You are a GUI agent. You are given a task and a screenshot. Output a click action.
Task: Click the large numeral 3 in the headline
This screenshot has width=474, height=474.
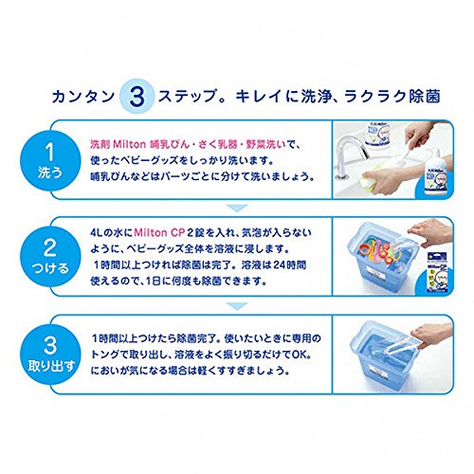tap(137, 96)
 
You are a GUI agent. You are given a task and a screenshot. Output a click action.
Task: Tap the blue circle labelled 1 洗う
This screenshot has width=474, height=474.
tap(50, 160)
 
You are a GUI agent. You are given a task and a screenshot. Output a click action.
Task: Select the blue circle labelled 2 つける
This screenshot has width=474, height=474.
tap(50, 257)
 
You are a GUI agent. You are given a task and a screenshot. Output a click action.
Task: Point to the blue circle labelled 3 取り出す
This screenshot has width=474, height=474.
tap(50, 354)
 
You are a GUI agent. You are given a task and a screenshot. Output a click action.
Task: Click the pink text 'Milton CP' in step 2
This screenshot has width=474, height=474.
tap(159, 233)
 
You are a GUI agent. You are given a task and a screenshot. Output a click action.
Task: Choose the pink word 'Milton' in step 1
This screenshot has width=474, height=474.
tap(129, 144)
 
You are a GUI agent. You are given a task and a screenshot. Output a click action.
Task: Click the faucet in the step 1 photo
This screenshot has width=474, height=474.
tap(351, 155)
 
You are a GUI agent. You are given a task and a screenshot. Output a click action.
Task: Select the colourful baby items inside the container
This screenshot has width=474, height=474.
tap(377, 249)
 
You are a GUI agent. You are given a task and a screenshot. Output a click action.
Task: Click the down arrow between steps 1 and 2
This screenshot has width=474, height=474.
tap(237, 209)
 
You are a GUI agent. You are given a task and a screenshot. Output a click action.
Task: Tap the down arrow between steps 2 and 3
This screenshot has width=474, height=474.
tap(237, 305)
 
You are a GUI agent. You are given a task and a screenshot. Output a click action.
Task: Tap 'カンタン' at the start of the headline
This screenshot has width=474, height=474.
tap(83, 96)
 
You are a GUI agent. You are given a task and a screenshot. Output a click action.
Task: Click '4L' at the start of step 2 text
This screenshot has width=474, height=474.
tap(97, 233)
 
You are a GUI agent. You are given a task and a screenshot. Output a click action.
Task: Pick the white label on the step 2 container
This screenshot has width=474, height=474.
tap(374, 272)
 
